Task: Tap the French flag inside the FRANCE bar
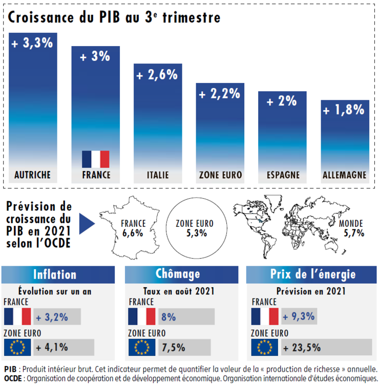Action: (x=96, y=159)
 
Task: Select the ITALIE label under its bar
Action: (x=158, y=175)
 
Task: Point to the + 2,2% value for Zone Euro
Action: (x=220, y=94)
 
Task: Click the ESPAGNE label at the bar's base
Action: (x=283, y=175)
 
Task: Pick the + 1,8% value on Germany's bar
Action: (x=344, y=109)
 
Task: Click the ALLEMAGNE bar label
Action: (x=344, y=175)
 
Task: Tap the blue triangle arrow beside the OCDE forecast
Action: (x=88, y=224)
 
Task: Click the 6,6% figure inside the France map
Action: (x=133, y=233)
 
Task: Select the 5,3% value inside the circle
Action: (x=194, y=233)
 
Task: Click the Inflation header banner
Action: (x=55, y=274)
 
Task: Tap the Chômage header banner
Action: (x=178, y=274)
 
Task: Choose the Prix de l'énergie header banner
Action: (x=312, y=274)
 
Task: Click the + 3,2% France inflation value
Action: (x=52, y=317)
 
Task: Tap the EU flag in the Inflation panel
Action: (x=17, y=348)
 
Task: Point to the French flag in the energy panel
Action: (x=265, y=317)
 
